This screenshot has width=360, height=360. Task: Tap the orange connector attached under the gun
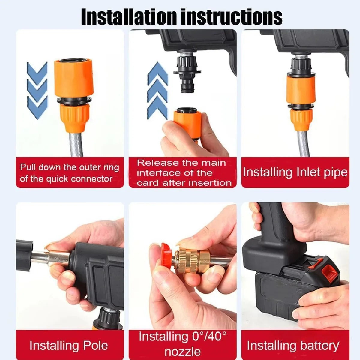(301, 90)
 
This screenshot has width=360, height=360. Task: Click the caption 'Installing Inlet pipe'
(295, 172)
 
